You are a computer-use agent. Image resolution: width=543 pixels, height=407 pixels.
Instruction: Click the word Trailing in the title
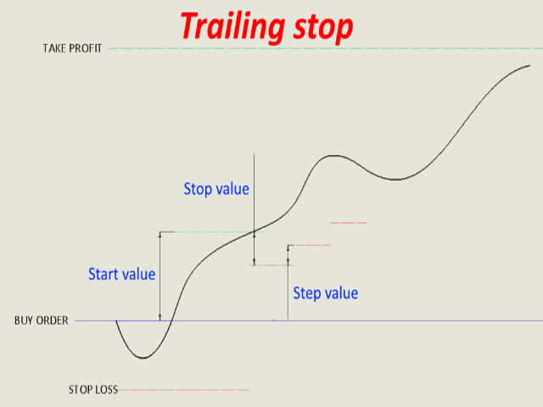coord(232,27)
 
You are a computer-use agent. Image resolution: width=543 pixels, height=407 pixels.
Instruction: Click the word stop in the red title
coord(323,28)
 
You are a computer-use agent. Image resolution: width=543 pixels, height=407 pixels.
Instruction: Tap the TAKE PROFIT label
coord(72,48)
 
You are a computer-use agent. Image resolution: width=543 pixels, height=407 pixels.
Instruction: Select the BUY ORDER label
coord(42,321)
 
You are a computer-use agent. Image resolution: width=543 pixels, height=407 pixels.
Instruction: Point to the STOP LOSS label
coord(93,390)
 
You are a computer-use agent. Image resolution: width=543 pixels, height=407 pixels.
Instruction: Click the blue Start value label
coord(122,274)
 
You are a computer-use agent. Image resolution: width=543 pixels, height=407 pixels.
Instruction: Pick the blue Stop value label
coord(216,189)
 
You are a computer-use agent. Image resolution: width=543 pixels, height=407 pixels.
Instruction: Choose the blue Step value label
coord(326,293)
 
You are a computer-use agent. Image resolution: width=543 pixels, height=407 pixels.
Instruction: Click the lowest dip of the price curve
coord(143,358)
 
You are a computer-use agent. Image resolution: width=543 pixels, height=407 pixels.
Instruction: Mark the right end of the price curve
coord(529,65)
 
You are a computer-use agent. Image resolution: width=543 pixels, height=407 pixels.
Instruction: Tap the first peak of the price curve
coord(333,156)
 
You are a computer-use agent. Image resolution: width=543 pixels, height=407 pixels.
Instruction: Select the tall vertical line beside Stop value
coord(255,209)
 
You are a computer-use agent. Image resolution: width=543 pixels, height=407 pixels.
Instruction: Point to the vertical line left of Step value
coord(288,282)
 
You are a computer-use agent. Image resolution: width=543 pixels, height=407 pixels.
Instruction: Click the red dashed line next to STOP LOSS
coord(183,390)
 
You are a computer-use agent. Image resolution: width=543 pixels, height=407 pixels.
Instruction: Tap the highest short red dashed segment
coord(348,222)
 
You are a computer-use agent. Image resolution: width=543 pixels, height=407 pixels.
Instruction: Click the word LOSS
coord(106,390)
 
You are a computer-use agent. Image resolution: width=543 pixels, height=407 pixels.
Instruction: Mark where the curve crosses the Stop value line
coord(255,231)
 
